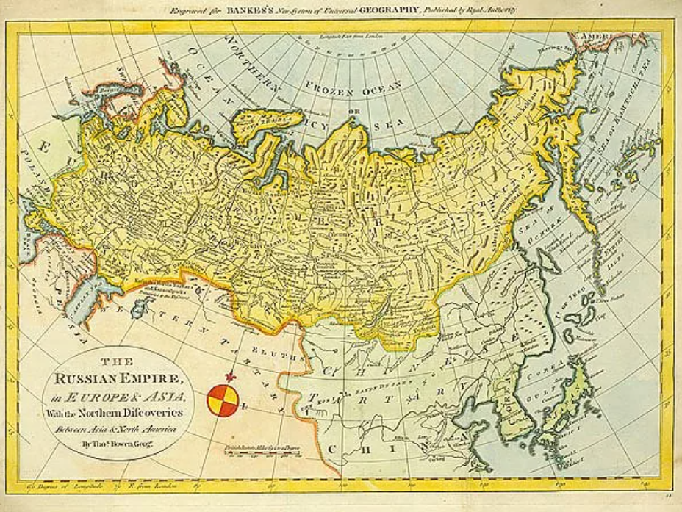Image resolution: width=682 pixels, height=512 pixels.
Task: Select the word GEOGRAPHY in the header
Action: pos(390,10)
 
